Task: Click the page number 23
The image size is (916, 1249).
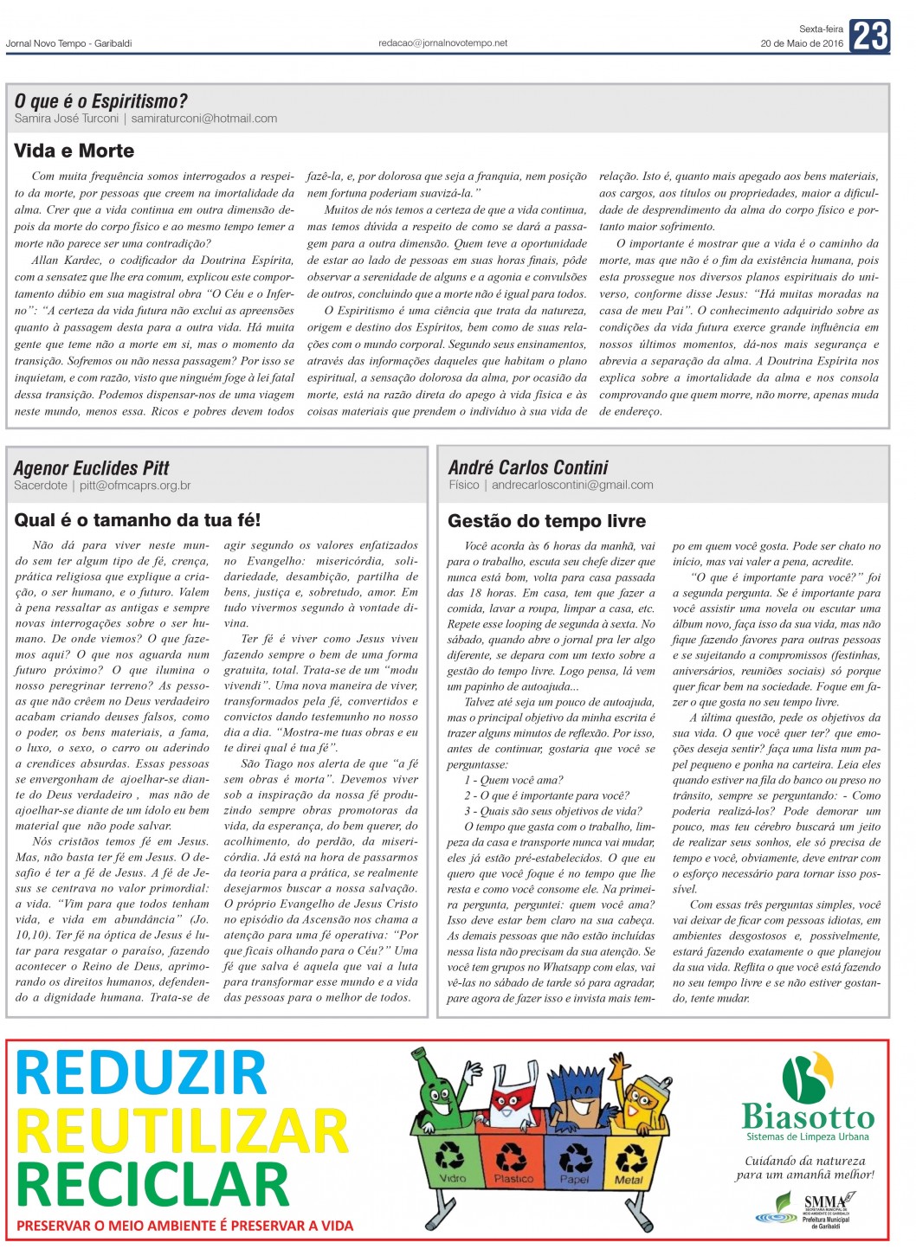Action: [x=869, y=36]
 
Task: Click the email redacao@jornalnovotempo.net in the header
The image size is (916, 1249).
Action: [x=442, y=42]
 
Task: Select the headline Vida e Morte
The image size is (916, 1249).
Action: [x=74, y=151]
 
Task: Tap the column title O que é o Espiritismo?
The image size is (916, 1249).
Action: [x=100, y=101]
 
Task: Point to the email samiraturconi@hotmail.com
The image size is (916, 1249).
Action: [x=204, y=119]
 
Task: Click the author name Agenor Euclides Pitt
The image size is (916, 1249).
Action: [x=92, y=468]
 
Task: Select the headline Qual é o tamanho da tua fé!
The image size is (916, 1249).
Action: [x=137, y=520]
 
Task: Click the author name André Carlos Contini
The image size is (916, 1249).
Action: [x=528, y=467]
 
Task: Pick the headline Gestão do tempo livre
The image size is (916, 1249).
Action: [x=546, y=521]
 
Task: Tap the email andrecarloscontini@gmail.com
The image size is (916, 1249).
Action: [x=572, y=486]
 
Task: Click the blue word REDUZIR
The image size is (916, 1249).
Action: [x=141, y=1073]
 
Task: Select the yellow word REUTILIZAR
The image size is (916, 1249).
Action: [x=182, y=1130]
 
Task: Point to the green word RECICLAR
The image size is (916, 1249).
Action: [x=152, y=1184]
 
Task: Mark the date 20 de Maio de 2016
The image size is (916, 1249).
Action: [x=802, y=43]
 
